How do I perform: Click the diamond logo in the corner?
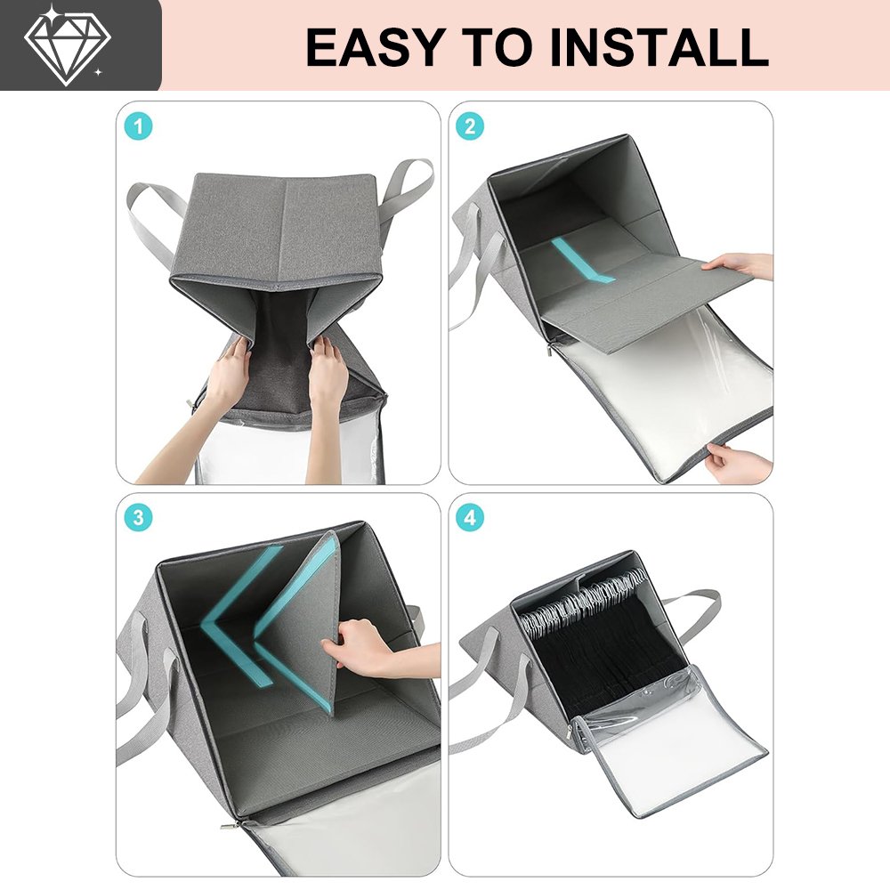(x=67, y=45)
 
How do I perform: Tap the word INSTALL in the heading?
(x=659, y=47)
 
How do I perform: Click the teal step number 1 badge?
(x=138, y=126)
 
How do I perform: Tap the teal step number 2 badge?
(x=470, y=126)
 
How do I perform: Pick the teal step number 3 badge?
(x=138, y=518)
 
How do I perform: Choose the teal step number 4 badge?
(x=470, y=518)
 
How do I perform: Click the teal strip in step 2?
(x=582, y=260)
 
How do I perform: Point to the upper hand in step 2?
(x=737, y=265)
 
